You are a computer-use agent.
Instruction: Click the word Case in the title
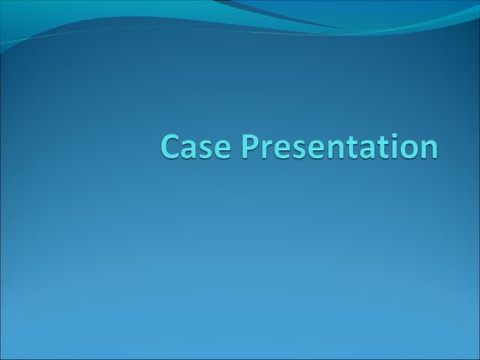(194, 146)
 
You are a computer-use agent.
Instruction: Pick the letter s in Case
(204, 148)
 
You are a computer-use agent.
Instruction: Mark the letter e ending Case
(219, 148)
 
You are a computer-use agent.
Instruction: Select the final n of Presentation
(415, 148)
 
